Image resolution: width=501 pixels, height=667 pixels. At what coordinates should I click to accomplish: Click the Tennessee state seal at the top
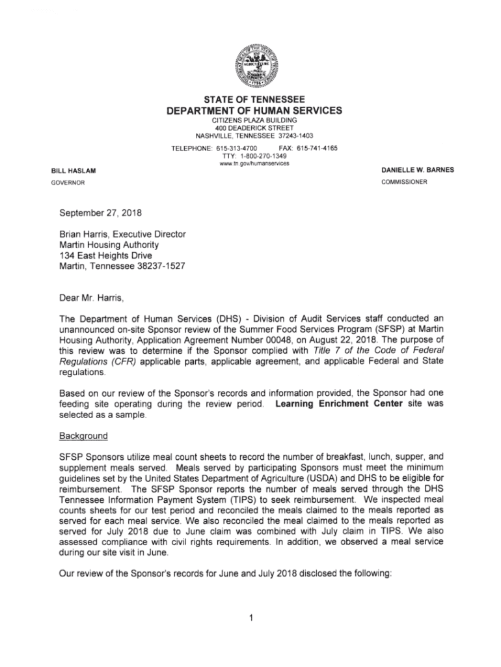coord(251,66)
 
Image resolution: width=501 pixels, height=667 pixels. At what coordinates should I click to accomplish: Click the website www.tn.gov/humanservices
coord(251,163)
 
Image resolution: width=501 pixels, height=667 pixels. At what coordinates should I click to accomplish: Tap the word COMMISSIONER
coord(404,182)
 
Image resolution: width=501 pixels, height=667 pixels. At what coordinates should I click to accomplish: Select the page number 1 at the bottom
coord(251,617)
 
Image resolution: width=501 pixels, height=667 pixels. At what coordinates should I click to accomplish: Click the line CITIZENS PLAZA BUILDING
coord(251,121)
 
